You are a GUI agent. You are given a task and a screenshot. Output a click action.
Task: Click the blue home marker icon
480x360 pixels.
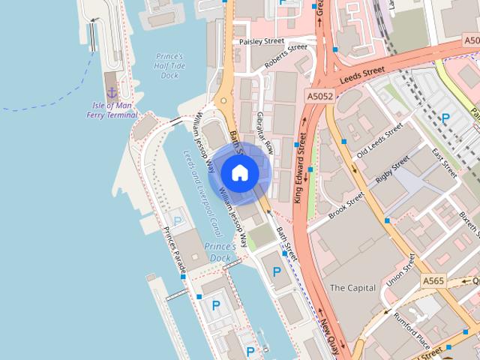(239, 172)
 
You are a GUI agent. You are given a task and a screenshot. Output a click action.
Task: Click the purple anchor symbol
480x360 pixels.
(112, 92)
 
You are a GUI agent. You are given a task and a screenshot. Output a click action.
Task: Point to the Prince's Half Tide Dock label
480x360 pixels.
(169, 65)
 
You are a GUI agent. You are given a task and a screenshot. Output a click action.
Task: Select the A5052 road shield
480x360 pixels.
(320, 96)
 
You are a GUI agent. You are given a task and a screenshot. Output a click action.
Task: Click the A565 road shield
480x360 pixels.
(433, 281)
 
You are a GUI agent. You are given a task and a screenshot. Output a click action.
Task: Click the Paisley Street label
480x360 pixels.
(262, 42)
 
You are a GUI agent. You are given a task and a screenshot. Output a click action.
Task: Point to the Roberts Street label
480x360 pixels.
(286, 57)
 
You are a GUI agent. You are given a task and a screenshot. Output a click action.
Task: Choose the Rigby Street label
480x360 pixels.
(393, 170)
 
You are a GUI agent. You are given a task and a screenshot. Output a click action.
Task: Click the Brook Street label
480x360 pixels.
(346, 204)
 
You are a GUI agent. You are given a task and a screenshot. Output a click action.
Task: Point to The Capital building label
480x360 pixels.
(352, 287)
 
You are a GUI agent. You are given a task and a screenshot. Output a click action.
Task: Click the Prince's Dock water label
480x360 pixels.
(220, 252)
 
